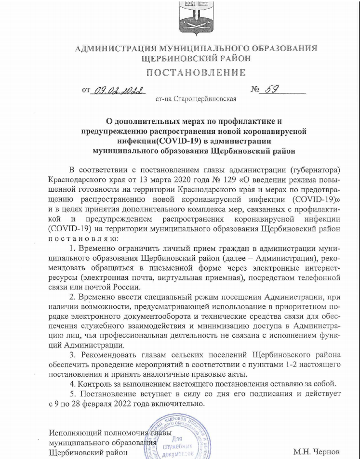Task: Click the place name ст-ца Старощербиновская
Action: point(196,99)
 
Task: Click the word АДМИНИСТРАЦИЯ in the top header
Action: point(114,49)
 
